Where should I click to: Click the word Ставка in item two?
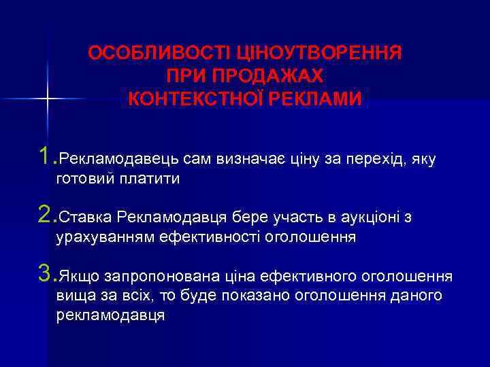(85, 217)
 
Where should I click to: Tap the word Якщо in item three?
(78, 277)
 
